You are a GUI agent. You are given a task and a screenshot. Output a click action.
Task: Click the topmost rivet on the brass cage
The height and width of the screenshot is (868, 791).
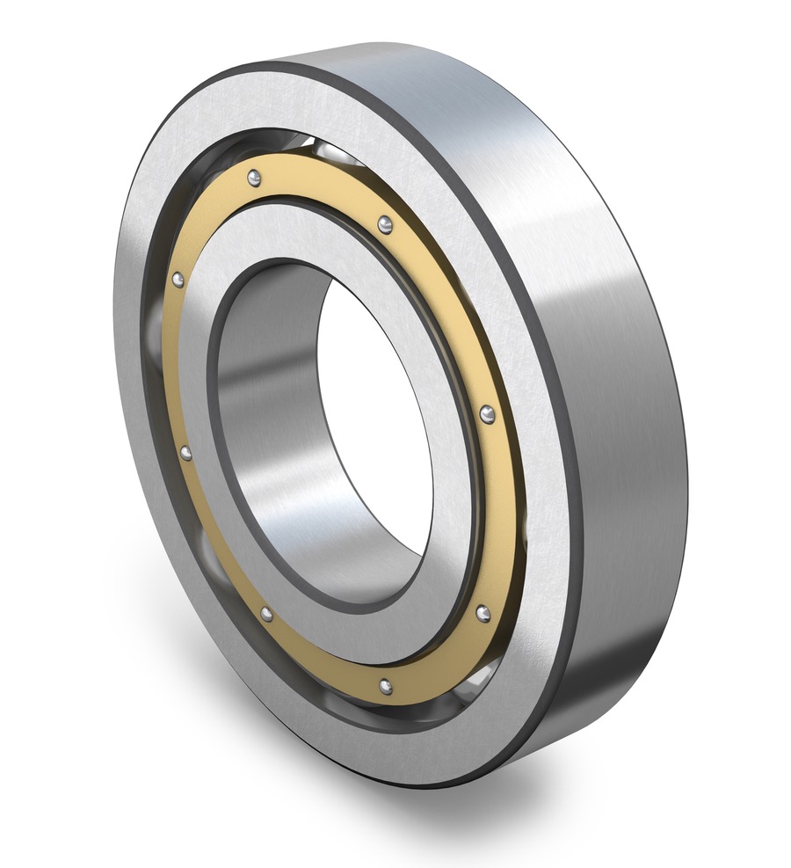(x=254, y=179)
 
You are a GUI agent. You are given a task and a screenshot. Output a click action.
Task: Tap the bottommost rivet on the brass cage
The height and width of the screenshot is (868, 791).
(x=384, y=683)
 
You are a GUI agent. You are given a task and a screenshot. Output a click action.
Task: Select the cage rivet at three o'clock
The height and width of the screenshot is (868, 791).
(x=487, y=413)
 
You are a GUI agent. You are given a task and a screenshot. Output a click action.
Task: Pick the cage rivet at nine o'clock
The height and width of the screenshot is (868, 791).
(x=185, y=453)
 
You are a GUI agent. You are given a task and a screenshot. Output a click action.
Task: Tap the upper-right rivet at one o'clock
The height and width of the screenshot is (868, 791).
(x=385, y=225)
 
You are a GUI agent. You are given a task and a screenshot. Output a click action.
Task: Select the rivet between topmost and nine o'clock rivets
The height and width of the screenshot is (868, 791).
(x=178, y=280)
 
